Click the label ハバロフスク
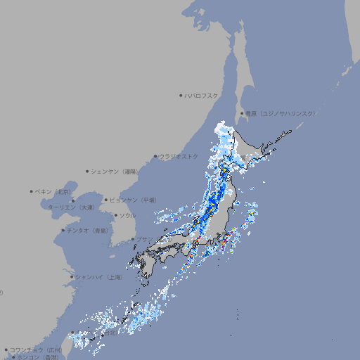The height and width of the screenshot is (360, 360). click(x=202, y=95)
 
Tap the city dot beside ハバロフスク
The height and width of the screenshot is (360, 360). click(x=181, y=95)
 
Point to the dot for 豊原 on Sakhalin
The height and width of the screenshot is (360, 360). click(x=242, y=113)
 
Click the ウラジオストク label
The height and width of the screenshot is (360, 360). click(x=179, y=156)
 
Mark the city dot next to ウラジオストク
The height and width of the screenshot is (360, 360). click(x=156, y=156)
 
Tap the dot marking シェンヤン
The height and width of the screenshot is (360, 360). click(x=88, y=171)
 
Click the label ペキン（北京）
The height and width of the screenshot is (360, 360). click(x=54, y=191)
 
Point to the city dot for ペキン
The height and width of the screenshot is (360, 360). click(x=32, y=191)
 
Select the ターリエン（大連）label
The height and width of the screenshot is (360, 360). click(x=70, y=207)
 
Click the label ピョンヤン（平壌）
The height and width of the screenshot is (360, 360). click(x=133, y=200)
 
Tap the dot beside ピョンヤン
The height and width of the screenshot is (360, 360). click(x=106, y=200)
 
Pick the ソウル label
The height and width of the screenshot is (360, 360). click(x=127, y=215)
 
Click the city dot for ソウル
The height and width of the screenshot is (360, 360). click(x=115, y=215)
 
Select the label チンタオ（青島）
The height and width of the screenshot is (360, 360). click(x=87, y=230)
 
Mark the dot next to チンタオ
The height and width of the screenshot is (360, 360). click(x=63, y=230)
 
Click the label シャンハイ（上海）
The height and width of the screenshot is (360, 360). click(x=98, y=277)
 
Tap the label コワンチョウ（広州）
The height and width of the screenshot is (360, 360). click(x=35, y=349)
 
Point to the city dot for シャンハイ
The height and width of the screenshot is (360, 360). click(x=72, y=277)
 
